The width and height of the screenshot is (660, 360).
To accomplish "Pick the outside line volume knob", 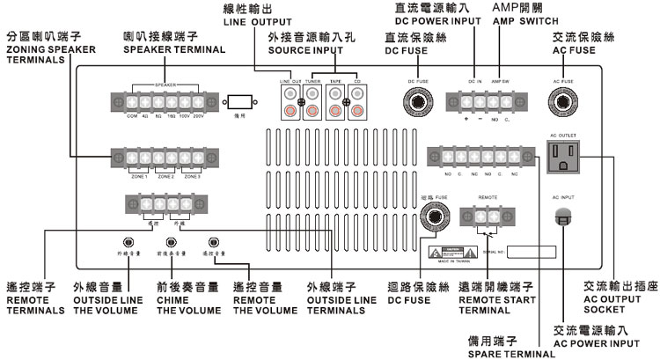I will point(128,241).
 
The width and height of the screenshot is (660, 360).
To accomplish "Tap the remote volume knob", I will point(211,241).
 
